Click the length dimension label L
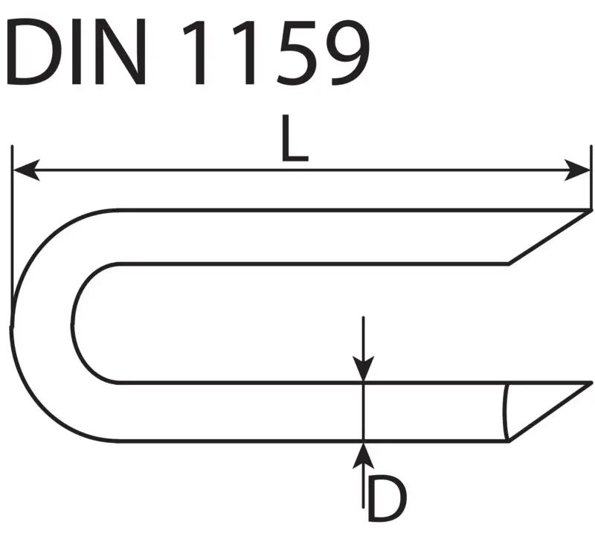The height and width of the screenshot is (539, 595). click(295, 141)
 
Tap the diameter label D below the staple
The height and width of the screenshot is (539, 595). click(385, 500)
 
